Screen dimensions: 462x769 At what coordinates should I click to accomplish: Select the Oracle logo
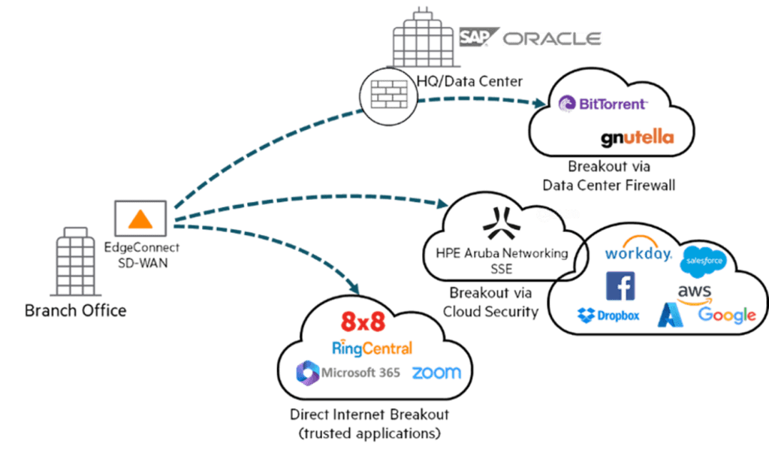click(x=552, y=38)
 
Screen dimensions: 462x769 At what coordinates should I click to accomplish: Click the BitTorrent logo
click(x=603, y=104)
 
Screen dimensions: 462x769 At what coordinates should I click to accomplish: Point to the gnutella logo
click(x=638, y=137)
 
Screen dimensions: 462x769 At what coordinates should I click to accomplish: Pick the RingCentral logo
click(x=372, y=347)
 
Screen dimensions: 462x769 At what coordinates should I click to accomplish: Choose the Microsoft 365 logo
click(x=347, y=372)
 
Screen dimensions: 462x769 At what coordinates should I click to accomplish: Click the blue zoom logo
click(x=436, y=373)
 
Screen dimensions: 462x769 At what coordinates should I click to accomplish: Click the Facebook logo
click(x=620, y=286)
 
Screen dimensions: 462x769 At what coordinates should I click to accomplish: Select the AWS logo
click(x=694, y=292)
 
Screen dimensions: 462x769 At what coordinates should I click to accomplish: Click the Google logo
click(x=726, y=315)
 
